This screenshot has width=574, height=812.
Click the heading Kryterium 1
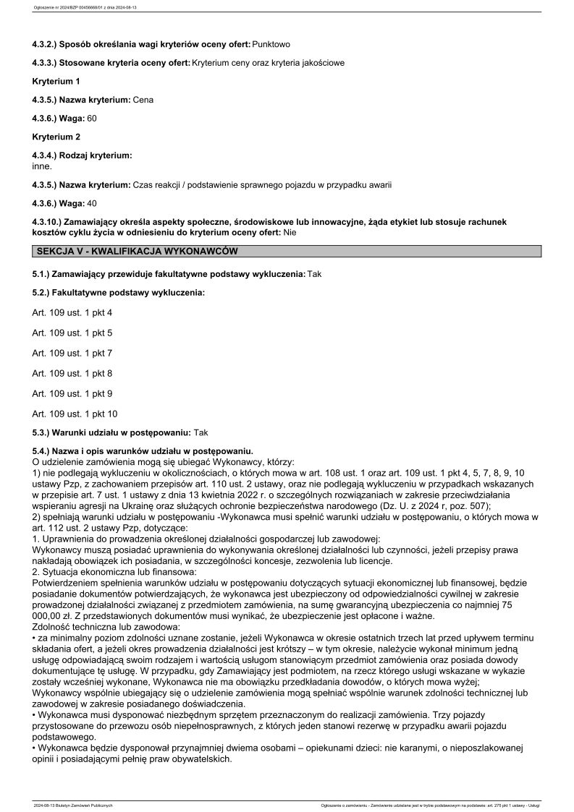pyautogui.click(x=56, y=81)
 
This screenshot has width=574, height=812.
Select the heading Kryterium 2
pyautogui.click(x=56, y=136)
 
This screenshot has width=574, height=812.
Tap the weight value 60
pyautogui.click(x=92, y=117)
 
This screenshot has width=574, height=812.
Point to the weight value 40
pyautogui.click(x=92, y=202)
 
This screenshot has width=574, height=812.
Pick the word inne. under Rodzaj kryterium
pyautogui.click(x=42, y=166)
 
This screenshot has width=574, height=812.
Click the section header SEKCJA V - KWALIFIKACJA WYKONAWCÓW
pyautogui.click(x=137, y=251)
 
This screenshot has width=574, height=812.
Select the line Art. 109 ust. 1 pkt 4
pyautogui.click(x=72, y=312)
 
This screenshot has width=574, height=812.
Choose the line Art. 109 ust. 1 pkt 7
pyautogui.click(x=72, y=353)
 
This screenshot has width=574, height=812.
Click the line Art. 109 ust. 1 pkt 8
pyautogui.click(x=72, y=373)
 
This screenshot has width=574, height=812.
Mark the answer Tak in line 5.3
pyautogui.click(x=201, y=432)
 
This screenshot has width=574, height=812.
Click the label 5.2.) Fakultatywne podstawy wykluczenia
pyautogui.click(x=119, y=292)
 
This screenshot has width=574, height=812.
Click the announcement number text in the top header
pyautogui.click(x=80, y=9)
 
